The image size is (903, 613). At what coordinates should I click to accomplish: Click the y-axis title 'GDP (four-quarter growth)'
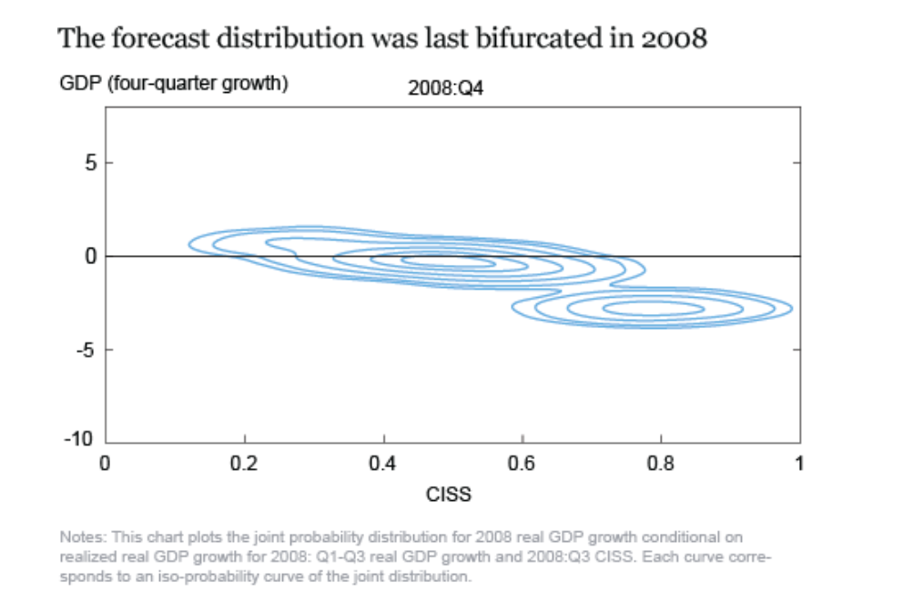click(x=174, y=86)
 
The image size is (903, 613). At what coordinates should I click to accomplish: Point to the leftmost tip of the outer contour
click(x=189, y=244)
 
